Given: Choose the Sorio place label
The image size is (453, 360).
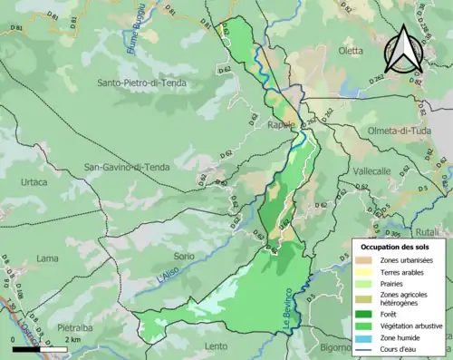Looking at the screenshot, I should pyautogui.click(x=184, y=257).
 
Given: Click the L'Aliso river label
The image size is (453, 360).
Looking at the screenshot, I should pyautogui.click(x=167, y=269).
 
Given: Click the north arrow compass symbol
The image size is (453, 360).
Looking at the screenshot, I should pyautogui.click(x=403, y=48).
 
